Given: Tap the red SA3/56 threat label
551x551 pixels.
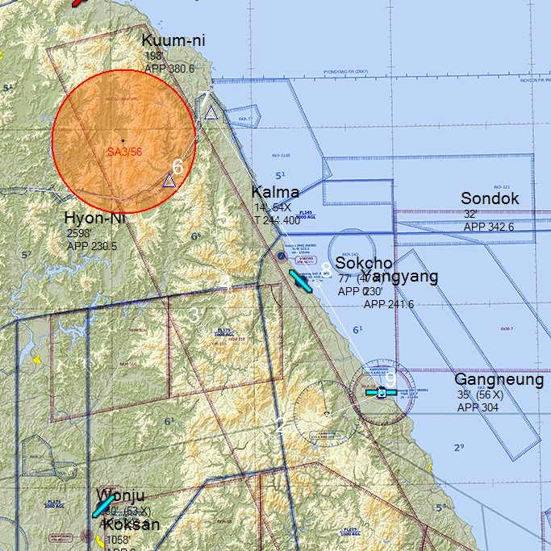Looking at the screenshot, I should click(x=124, y=152).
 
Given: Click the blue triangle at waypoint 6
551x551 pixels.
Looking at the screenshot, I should click(x=169, y=181).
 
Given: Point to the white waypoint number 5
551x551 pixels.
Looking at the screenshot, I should click(x=223, y=218).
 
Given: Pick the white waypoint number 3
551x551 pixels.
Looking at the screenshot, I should click(x=194, y=315).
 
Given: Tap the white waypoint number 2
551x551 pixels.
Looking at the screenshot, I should click(x=281, y=425).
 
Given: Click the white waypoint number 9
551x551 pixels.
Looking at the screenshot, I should click(x=390, y=378).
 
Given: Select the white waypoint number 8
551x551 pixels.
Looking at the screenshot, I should click(x=326, y=269).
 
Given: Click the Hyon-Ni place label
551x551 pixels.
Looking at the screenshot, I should click(x=95, y=218).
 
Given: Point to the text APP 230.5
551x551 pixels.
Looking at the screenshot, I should click(x=92, y=247).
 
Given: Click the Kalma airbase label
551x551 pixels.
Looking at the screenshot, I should click(x=275, y=192).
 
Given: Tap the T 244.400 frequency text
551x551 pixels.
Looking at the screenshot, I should click(x=278, y=219).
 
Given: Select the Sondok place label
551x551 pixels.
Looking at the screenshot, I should click(x=490, y=198).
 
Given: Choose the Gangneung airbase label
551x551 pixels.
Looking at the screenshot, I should click(x=499, y=380).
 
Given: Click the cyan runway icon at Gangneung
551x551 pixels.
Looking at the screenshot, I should click(x=381, y=393).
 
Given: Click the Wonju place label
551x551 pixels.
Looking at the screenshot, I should click(x=120, y=495).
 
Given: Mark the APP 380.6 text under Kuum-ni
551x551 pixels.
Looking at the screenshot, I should click(x=169, y=69).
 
